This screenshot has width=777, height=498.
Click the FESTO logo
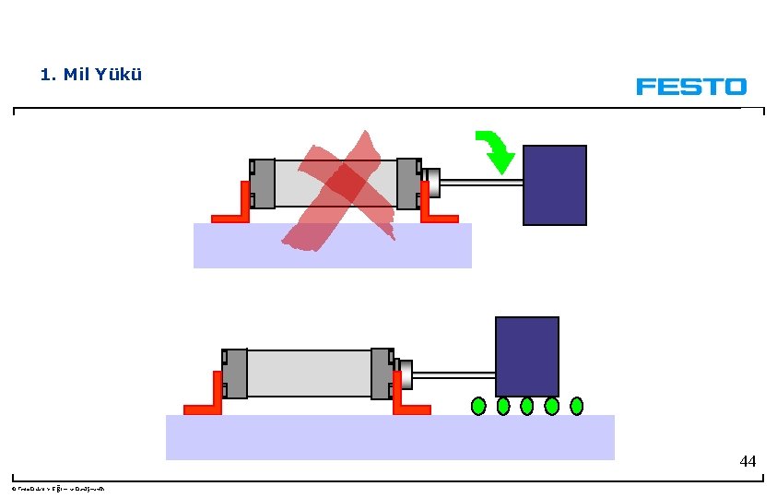coord(690,87)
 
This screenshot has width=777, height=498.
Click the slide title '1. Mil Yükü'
coord(91,75)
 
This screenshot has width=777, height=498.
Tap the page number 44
coord(748,461)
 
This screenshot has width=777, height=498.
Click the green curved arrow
coord(496,151)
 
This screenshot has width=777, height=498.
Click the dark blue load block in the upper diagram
coord(554,184)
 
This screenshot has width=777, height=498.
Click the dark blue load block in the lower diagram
coord(526,356)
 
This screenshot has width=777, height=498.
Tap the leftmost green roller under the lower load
coord(478,405)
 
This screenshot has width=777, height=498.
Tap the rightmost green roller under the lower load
coord(577,405)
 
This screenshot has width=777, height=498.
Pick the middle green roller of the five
coord(527,405)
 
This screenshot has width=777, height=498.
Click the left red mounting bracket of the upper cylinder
coord(233,212)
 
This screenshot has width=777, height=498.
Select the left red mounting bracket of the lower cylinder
coord(206,402)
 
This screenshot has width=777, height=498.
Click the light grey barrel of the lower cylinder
coord(309,373)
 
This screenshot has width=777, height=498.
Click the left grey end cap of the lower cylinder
coord(235,373)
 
